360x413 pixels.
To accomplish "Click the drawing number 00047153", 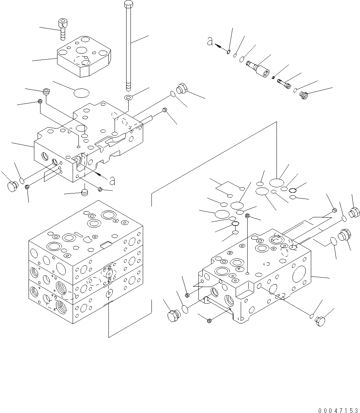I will (338, 410).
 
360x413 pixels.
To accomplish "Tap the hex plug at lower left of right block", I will (173, 315).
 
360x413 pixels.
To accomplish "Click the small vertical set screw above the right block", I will (248, 216).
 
